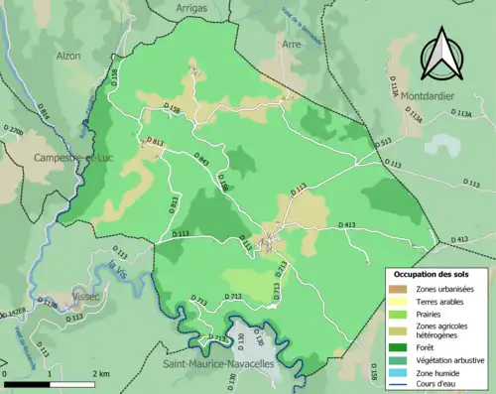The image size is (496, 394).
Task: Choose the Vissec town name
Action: click(86, 296)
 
